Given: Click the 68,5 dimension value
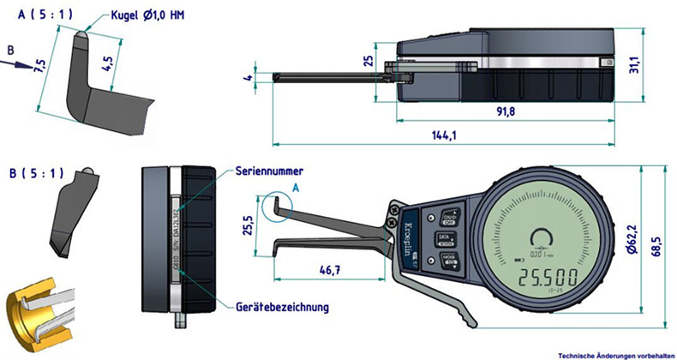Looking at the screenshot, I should pyautogui.click(x=661, y=248).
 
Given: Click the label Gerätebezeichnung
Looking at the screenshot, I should pyautogui.click(x=282, y=306).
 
